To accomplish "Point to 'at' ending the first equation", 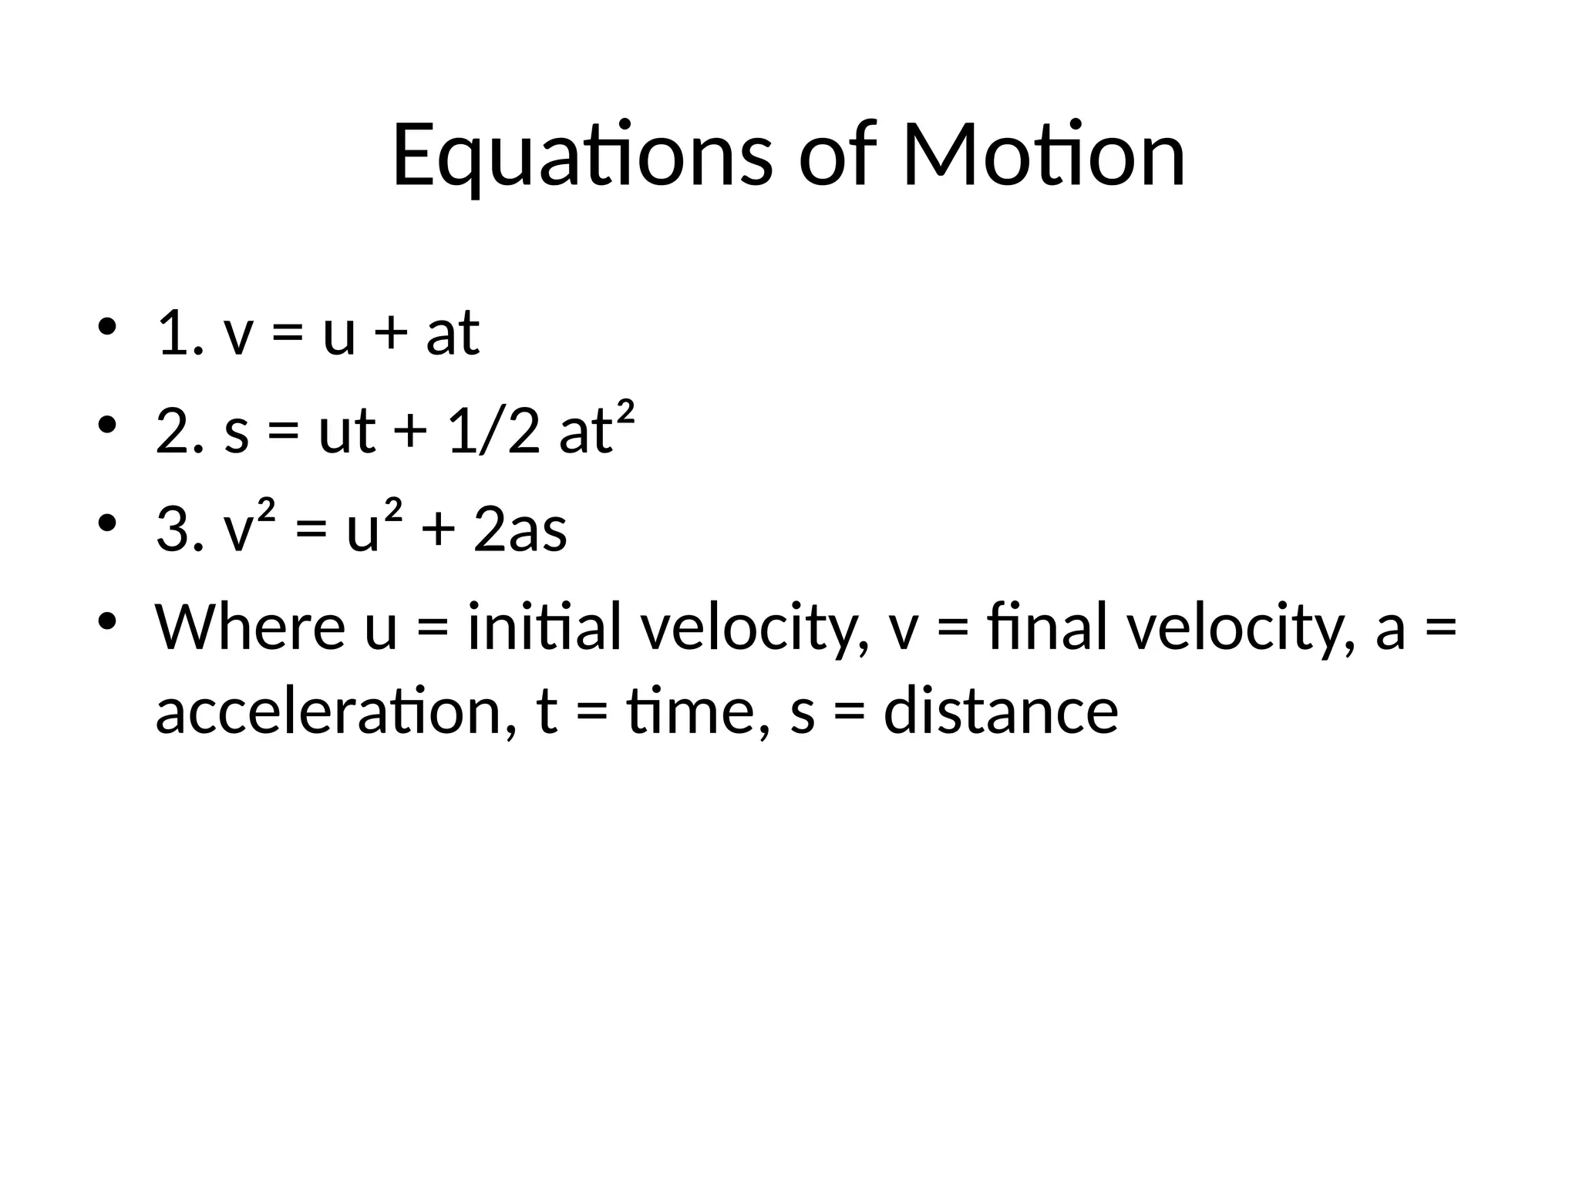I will pyautogui.click(x=453, y=333).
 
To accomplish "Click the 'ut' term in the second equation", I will pyautogui.click(x=347, y=432).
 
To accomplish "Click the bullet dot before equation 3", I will pyautogui.click(x=107, y=524).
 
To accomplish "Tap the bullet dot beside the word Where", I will pyautogui.click(x=107, y=621).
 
